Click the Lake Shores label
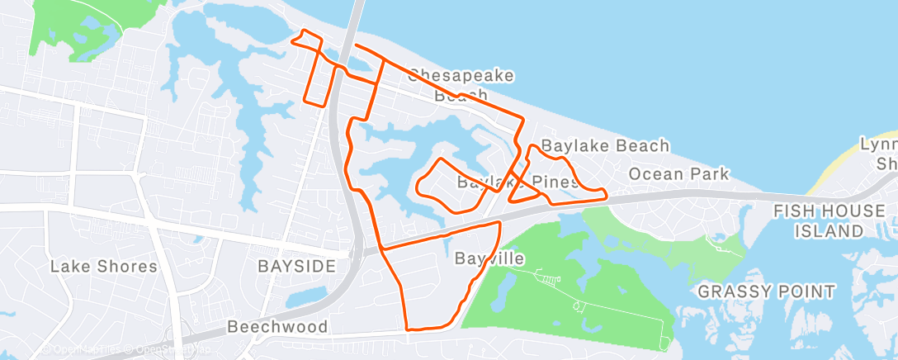(103, 266)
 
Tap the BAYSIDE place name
(296, 266)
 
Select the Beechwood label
(278, 326)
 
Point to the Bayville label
(489, 258)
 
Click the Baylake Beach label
(605, 146)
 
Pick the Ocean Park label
(678, 173)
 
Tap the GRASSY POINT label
(766, 291)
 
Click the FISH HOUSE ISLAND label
(829, 221)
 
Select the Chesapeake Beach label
(461, 85)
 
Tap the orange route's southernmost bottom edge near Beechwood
(429, 327)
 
